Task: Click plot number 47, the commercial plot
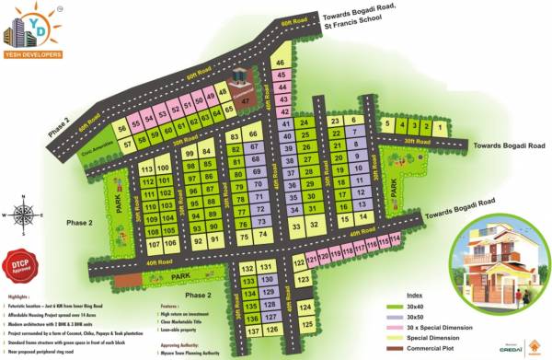(x=245, y=100)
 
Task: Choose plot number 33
(x=296, y=225)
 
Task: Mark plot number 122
(x=300, y=262)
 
